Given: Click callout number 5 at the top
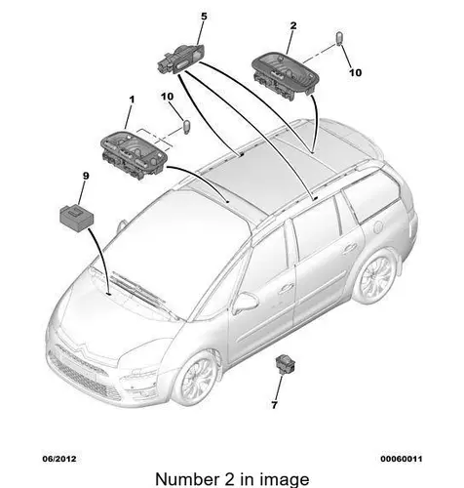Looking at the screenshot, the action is point(204,17).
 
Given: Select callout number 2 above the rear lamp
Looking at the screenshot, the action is point(293,25).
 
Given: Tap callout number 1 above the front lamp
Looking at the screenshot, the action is point(132,100).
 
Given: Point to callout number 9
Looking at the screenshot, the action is point(86,176).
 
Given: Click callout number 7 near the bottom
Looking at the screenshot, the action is point(275,405).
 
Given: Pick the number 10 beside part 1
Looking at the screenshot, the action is point(167,97).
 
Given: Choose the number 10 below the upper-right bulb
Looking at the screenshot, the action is point(355,72).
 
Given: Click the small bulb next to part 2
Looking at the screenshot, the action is point(339,39).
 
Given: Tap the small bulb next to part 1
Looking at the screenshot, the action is point(187,126).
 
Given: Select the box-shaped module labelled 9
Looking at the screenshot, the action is point(77,215).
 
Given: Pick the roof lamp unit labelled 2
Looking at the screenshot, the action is point(282,74).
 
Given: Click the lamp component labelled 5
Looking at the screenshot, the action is point(181,60).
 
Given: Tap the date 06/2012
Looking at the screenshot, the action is point(59,459).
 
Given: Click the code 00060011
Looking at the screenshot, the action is point(402,459).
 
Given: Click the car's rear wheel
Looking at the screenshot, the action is point(375,276).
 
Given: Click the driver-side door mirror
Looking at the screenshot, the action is point(246,302).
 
